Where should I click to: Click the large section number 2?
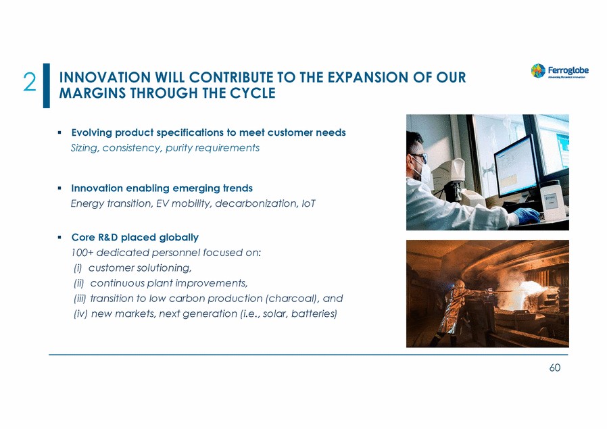point(30,82)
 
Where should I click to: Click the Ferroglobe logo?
point(560,71)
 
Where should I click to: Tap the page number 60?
point(555,368)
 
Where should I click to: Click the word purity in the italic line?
point(178,148)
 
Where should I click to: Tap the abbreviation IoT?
point(308,203)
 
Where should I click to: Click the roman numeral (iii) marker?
point(80,299)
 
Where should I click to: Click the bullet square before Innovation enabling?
point(59,188)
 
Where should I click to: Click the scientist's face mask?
point(422,172)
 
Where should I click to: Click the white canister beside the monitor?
point(554,201)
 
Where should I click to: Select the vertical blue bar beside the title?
point(47,86)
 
